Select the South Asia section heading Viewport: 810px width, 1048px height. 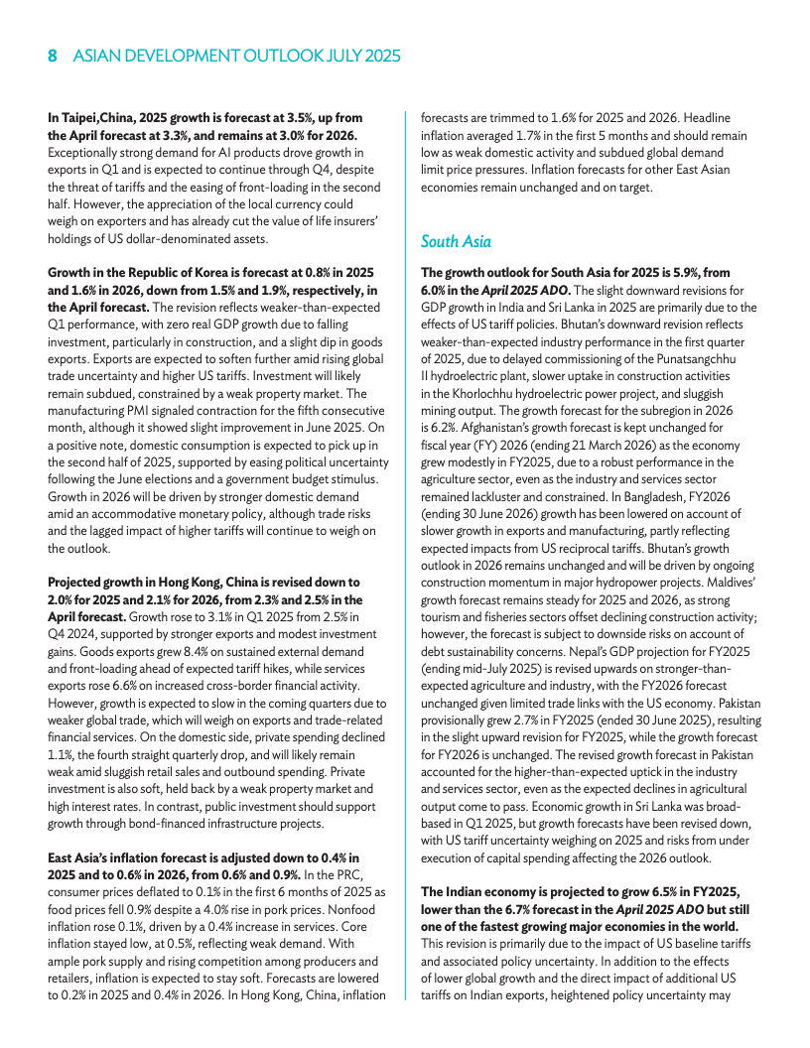[x=456, y=241]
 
